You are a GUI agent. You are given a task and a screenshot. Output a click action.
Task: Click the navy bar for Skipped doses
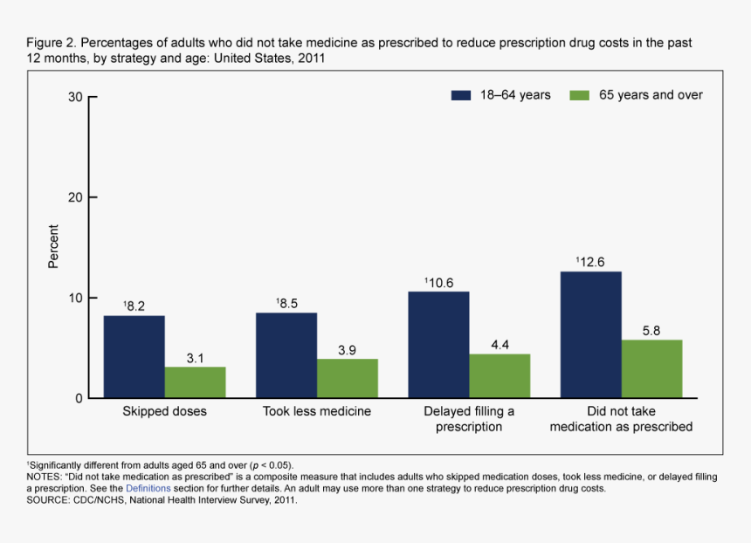click(x=134, y=357)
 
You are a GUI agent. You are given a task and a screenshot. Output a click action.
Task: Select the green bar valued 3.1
click(x=195, y=382)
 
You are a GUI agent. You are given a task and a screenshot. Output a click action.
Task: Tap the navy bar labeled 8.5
click(x=286, y=355)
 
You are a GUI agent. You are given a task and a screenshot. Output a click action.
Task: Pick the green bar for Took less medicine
click(x=348, y=379)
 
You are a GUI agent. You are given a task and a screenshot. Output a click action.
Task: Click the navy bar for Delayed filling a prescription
click(x=438, y=345)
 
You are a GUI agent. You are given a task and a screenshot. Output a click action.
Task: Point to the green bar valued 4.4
click(x=500, y=376)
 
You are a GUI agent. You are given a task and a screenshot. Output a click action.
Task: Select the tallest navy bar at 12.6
click(x=591, y=335)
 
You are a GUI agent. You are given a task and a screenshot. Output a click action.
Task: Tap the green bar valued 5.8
click(x=651, y=369)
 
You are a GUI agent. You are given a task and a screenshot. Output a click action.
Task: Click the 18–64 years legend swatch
click(x=461, y=95)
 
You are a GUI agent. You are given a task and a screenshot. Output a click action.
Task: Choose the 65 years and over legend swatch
click(x=580, y=95)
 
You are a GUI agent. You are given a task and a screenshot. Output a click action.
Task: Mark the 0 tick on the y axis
click(x=79, y=399)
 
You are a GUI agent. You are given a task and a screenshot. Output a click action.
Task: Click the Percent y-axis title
click(x=54, y=247)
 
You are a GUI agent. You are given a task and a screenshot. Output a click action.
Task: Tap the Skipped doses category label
click(x=164, y=411)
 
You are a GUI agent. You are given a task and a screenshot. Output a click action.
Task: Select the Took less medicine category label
click(x=317, y=411)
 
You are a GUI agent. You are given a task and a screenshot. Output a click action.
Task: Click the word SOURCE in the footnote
click(x=48, y=500)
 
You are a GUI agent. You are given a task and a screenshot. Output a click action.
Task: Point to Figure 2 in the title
click(x=51, y=43)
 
